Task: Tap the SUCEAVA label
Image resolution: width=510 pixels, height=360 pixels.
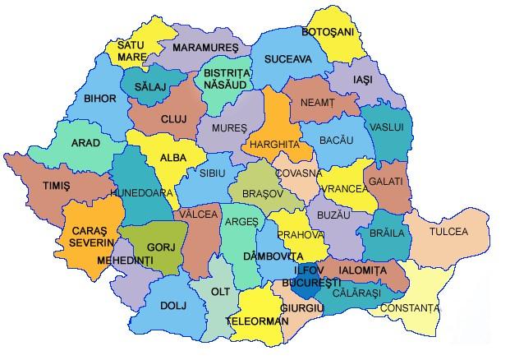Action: pos(287,60)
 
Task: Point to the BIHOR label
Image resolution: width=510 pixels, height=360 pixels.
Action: pos(100,99)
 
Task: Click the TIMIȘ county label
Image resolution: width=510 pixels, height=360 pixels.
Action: pos(56,187)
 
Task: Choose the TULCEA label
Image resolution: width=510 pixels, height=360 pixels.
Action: pos(448,232)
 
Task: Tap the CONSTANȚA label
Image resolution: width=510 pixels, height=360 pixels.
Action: pos(415,308)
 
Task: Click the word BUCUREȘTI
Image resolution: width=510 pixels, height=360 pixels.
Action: pos(311,283)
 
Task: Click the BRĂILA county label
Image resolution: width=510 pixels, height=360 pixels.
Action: pos(387,233)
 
